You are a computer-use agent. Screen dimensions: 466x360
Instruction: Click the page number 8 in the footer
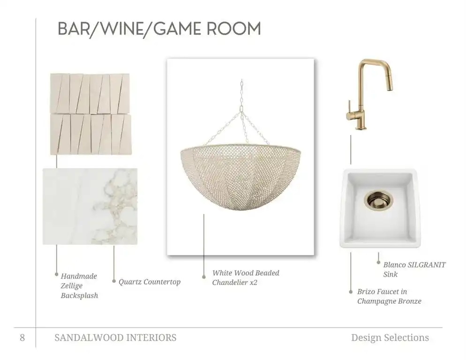click(x=23, y=337)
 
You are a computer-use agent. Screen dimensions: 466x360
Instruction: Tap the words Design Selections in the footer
click(x=390, y=337)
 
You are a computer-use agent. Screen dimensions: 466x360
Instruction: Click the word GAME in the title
click(x=174, y=29)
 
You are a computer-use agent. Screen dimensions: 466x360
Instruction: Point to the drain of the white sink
click(x=378, y=201)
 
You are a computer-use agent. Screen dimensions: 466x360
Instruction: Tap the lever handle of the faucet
click(x=349, y=106)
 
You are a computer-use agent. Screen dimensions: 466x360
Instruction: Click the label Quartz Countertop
click(x=150, y=282)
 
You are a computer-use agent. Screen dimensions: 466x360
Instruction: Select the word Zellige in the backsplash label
click(x=72, y=285)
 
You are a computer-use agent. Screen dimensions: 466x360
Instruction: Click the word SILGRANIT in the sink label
click(x=427, y=264)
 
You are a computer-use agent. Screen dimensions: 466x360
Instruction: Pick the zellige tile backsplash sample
click(x=90, y=114)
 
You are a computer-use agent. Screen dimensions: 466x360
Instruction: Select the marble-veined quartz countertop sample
click(x=90, y=207)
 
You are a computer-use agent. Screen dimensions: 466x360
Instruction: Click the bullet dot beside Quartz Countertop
click(x=114, y=281)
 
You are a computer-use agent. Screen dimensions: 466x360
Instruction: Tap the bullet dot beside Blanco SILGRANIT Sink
click(x=378, y=262)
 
